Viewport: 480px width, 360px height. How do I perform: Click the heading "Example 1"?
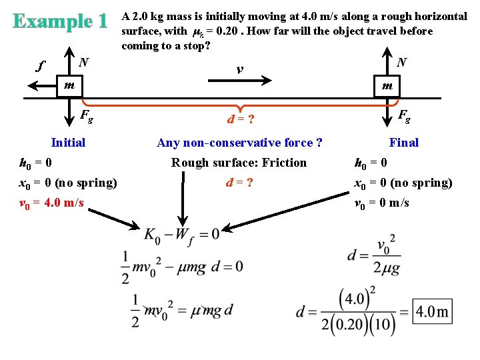click(59, 21)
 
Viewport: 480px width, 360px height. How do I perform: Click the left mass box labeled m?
click(69, 86)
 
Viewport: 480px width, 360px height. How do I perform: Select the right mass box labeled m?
click(387, 86)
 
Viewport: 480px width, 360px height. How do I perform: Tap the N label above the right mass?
click(401, 63)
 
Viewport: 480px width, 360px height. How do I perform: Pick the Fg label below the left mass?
click(86, 116)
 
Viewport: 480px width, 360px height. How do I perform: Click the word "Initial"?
click(68, 142)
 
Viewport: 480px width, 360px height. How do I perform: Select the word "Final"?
click(403, 142)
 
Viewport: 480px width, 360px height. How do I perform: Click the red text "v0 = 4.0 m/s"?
click(52, 202)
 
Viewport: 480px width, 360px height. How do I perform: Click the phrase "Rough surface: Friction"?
click(239, 163)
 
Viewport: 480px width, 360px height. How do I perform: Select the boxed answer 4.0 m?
click(432, 311)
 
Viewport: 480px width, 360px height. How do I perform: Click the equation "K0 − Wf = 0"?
click(181, 234)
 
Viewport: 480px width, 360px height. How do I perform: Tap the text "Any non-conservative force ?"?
click(239, 143)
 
